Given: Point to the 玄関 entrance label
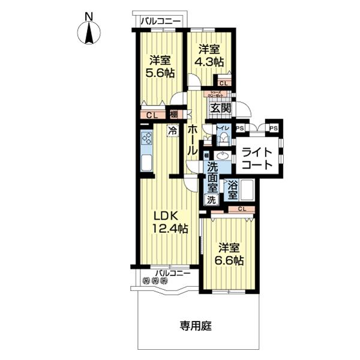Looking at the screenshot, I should coord(220,108).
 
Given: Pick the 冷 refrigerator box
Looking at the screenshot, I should coord(172,130).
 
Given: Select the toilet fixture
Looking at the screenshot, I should coord(224,139).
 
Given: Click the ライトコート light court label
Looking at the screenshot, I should coord(257,158).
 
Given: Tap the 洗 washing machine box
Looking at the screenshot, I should coord(211,200).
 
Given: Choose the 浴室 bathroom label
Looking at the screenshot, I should coord(232,191).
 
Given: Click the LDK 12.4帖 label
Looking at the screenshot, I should coord(169,221).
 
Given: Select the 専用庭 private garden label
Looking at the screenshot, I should coord(196,326).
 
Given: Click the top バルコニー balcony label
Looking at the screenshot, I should coord(160,22).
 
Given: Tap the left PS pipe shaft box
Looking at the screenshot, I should coord(239,128).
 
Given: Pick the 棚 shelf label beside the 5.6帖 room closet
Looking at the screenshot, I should coord(173,114).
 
